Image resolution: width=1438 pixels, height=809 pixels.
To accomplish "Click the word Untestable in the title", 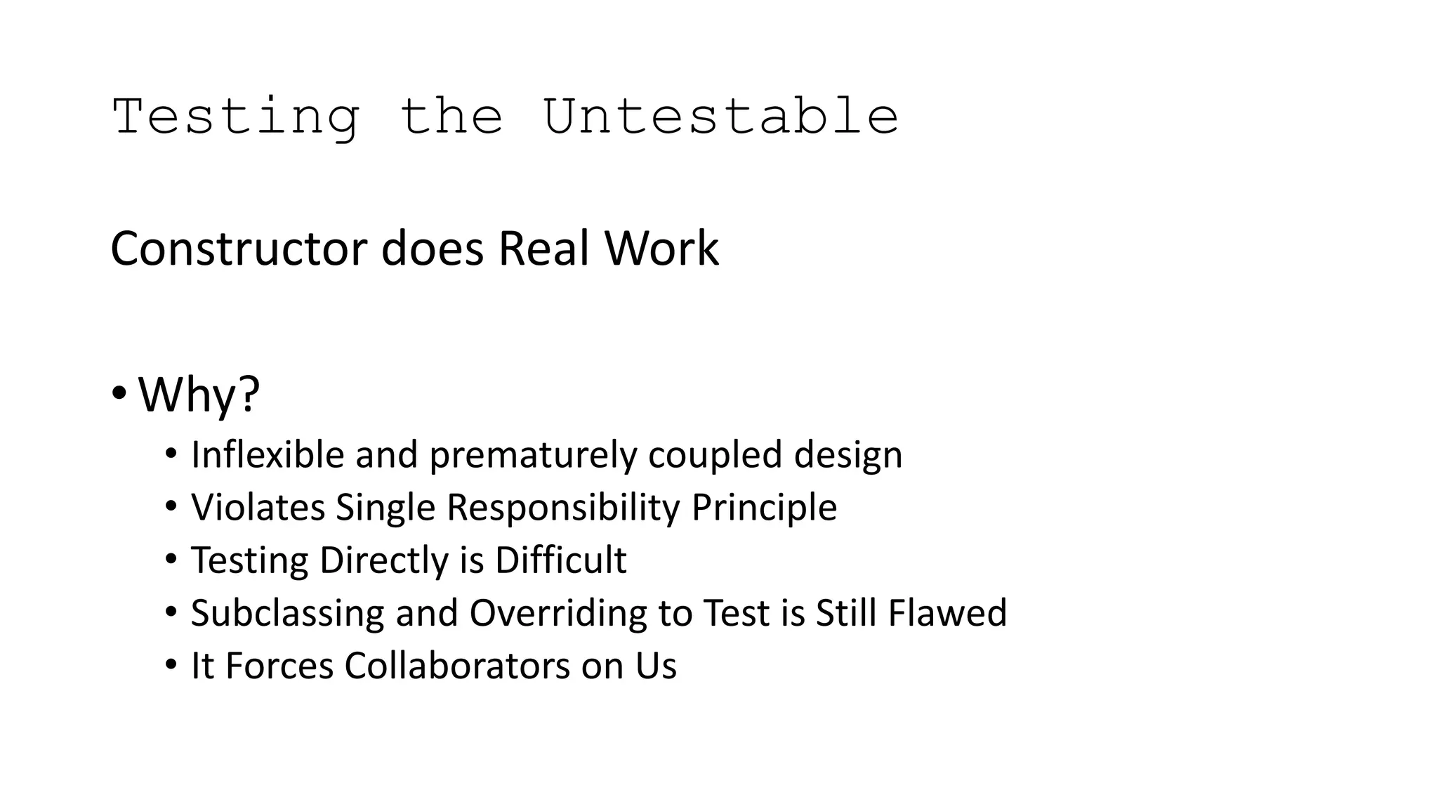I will click(x=720, y=117).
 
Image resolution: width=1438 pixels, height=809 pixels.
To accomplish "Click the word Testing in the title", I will click(x=236, y=118).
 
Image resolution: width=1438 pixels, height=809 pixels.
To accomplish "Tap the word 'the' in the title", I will click(x=451, y=117).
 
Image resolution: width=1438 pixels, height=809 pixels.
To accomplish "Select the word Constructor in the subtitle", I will click(x=239, y=249).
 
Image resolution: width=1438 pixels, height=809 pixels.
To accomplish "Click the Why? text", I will click(x=199, y=395).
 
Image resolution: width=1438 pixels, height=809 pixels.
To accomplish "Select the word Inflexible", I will click(x=268, y=454).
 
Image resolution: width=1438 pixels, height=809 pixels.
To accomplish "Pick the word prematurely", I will click(x=533, y=456).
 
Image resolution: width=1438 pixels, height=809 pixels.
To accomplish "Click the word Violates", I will click(x=258, y=507).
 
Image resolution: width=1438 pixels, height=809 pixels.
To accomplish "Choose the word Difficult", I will click(x=560, y=560).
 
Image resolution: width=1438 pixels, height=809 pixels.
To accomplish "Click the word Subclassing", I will click(x=287, y=613).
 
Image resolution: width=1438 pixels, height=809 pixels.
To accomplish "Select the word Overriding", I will click(x=558, y=613).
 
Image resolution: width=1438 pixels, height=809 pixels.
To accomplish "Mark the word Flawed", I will click(x=947, y=612).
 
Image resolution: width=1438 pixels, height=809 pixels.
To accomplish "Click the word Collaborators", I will click(x=457, y=666).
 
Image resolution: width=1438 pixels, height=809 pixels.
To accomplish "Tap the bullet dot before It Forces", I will click(x=171, y=664).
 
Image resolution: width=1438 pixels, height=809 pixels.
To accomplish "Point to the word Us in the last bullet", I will click(x=656, y=666).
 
